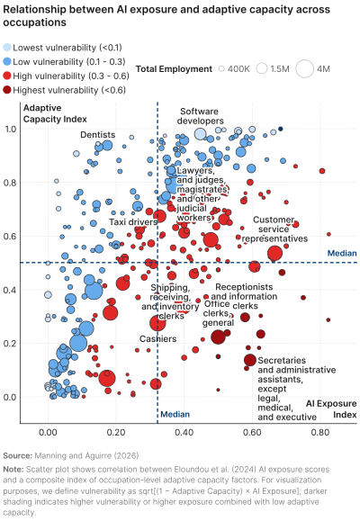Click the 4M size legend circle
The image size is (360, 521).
(301, 68)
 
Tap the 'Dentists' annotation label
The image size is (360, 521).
(97, 135)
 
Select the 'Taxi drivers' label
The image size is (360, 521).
(130, 220)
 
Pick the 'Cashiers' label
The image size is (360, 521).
(157, 339)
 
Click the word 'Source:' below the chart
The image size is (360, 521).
(20, 456)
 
